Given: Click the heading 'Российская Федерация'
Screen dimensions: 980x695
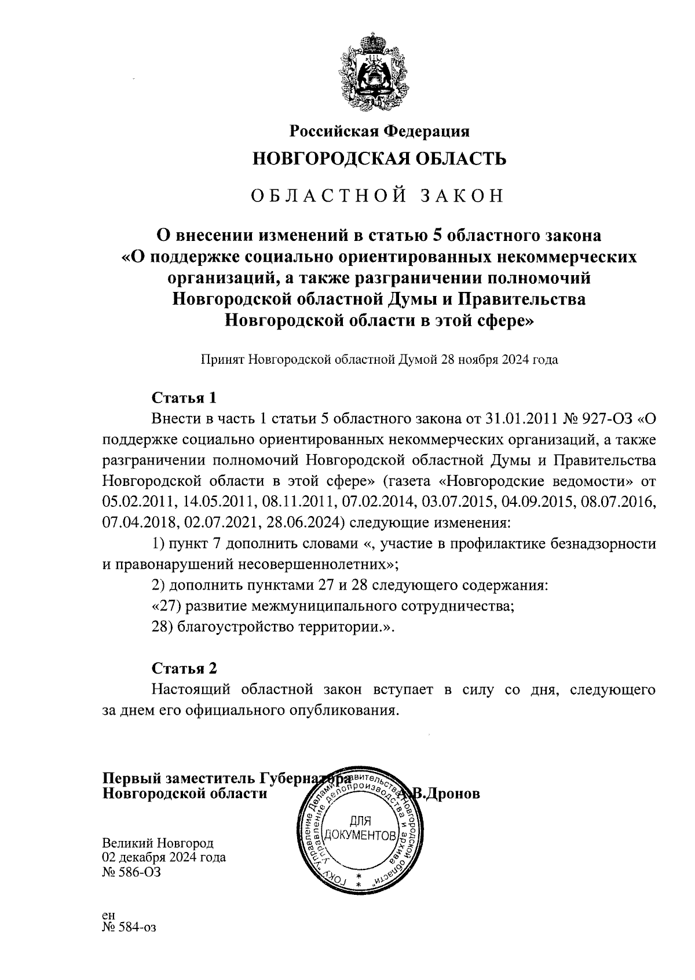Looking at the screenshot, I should pyautogui.click(x=379, y=131).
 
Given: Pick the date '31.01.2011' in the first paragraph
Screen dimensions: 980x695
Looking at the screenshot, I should pyautogui.click(x=520, y=419).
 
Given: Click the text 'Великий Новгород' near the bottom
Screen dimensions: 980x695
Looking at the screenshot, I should pyautogui.click(x=158, y=843).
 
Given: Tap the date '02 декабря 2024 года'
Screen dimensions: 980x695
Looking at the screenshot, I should pyautogui.click(x=164, y=857).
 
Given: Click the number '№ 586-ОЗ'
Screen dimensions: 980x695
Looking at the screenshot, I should pyautogui.click(x=131, y=872).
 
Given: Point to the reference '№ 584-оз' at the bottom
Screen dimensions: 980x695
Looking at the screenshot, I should pyautogui.click(x=129, y=927).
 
